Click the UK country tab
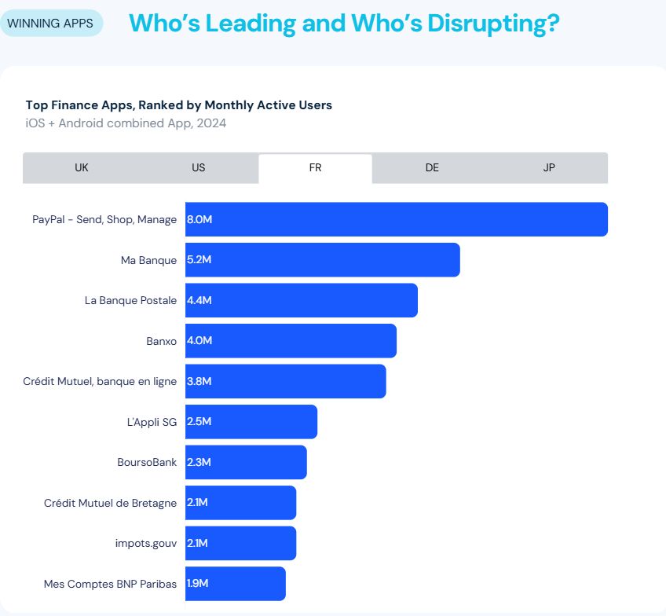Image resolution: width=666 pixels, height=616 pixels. point(82,168)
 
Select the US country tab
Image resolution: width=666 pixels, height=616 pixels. point(199,168)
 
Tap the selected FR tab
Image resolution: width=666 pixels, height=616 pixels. point(315,168)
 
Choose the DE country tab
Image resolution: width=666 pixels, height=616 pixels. point(432,168)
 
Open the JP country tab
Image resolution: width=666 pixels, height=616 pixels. point(549,168)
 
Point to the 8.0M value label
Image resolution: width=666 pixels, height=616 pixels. point(199,220)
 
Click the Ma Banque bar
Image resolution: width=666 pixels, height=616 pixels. point(322,260)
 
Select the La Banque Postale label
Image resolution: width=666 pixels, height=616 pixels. point(130,300)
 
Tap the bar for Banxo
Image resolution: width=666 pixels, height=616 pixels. point(291,341)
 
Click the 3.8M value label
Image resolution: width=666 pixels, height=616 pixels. point(199,382)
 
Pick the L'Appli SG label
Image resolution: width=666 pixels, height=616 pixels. point(152,422)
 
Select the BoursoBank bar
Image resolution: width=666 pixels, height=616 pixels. point(246,463)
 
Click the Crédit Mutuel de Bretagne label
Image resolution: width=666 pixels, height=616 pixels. point(110,503)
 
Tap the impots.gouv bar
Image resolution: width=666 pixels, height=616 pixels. point(240,543)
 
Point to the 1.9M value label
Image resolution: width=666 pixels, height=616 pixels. point(199,584)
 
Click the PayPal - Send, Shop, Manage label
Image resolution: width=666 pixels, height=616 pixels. point(104,220)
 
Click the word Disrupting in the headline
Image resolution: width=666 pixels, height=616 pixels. point(487,23)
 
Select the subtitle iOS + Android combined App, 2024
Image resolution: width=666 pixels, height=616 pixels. point(126,123)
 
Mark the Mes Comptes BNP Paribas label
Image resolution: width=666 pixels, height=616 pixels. point(110,584)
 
